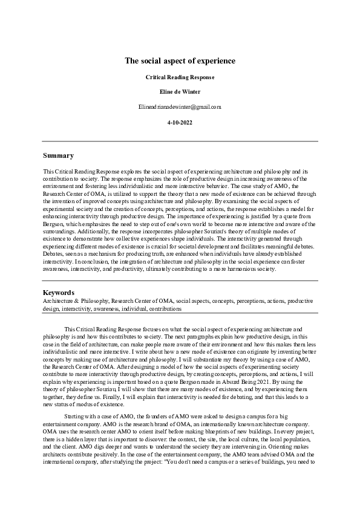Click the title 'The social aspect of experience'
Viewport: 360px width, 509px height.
[x=180, y=61]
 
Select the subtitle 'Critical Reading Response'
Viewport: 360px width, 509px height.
[x=180, y=77]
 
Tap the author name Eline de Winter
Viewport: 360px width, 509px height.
[x=180, y=92]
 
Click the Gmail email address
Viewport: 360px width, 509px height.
[x=180, y=107]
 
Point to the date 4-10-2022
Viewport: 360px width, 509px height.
[x=180, y=122]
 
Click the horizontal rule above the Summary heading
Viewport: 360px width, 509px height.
[x=180, y=141]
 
